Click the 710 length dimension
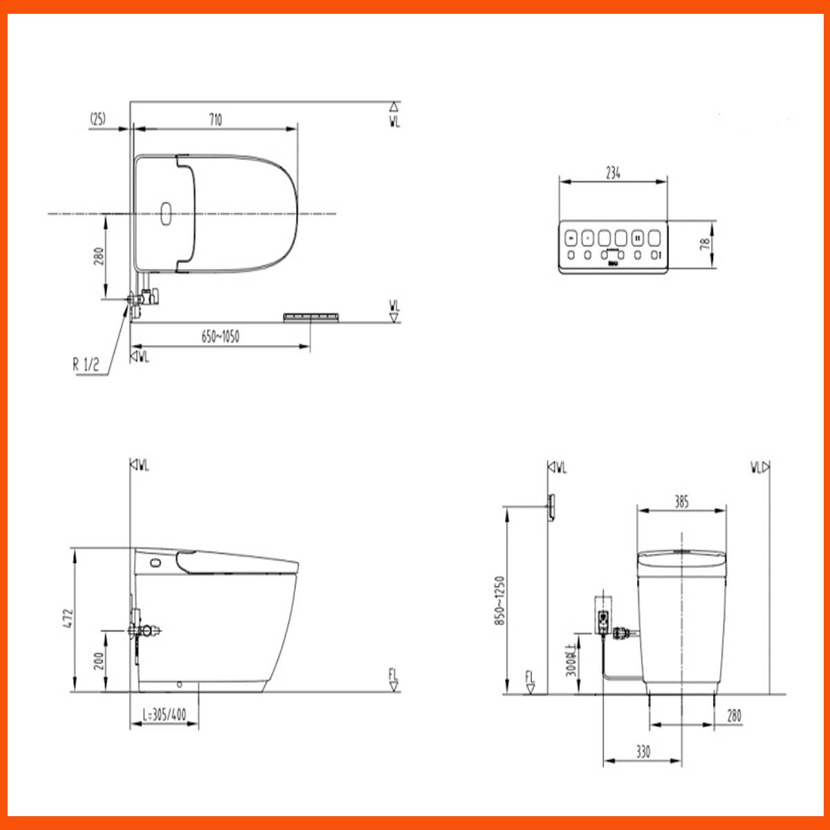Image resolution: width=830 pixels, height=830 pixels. (215, 120)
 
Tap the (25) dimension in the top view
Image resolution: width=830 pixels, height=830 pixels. (98, 119)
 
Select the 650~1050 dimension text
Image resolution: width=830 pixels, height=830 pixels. (220, 337)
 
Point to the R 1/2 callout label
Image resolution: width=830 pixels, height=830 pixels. (86, 365)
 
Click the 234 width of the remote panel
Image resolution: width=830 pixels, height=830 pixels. (613, 173)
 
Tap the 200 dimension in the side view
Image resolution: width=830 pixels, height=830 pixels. (98, 661)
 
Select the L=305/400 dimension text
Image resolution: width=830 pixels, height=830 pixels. (164, 714)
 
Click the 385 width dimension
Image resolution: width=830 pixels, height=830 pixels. (681, 501)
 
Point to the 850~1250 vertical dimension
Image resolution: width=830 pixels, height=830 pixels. (500, 600)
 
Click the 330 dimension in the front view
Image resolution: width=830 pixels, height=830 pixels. (643, 751)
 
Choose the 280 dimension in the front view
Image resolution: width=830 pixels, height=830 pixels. (734, 715)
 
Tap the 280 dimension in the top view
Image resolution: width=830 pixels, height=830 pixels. (98, 257)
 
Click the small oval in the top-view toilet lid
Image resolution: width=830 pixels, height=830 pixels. (165, 214)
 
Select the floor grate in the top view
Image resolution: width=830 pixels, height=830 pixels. (311, 317)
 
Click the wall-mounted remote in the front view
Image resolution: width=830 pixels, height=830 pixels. (551, 506)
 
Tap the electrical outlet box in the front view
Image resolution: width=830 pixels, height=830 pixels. (603, 616)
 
